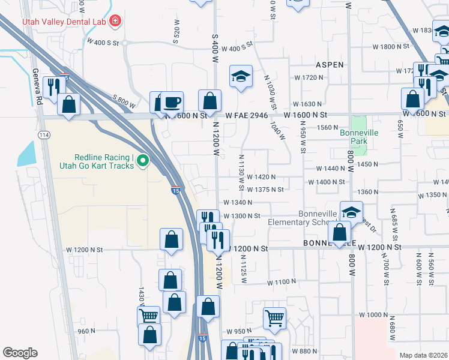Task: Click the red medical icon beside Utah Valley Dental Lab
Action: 115,22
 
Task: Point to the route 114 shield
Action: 44,136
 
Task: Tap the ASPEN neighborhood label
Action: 330,65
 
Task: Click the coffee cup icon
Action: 172,102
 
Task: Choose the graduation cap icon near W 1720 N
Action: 240,77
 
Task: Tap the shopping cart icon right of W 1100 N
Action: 274,317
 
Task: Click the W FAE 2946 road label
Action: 247,115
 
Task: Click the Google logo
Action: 20,353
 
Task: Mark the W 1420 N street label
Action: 256,177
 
